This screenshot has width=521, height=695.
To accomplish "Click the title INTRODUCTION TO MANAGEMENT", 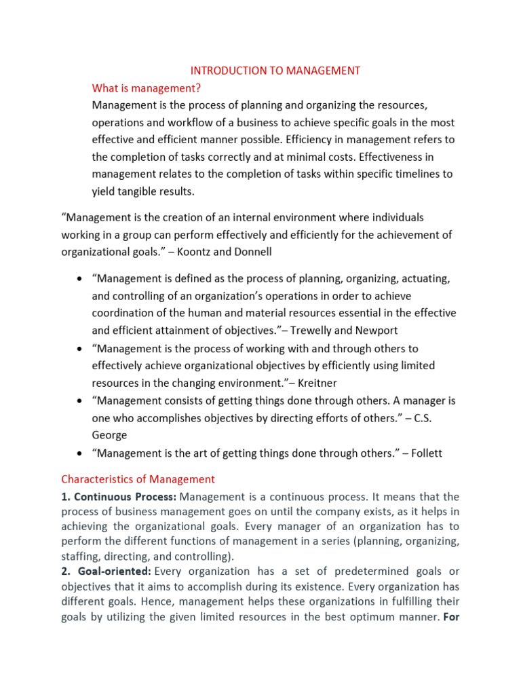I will point(275,71).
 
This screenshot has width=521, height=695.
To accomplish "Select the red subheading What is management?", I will point(147,88).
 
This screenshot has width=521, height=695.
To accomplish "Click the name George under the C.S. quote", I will point(109,435).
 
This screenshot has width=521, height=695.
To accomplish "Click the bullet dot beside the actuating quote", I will point(81,279).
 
